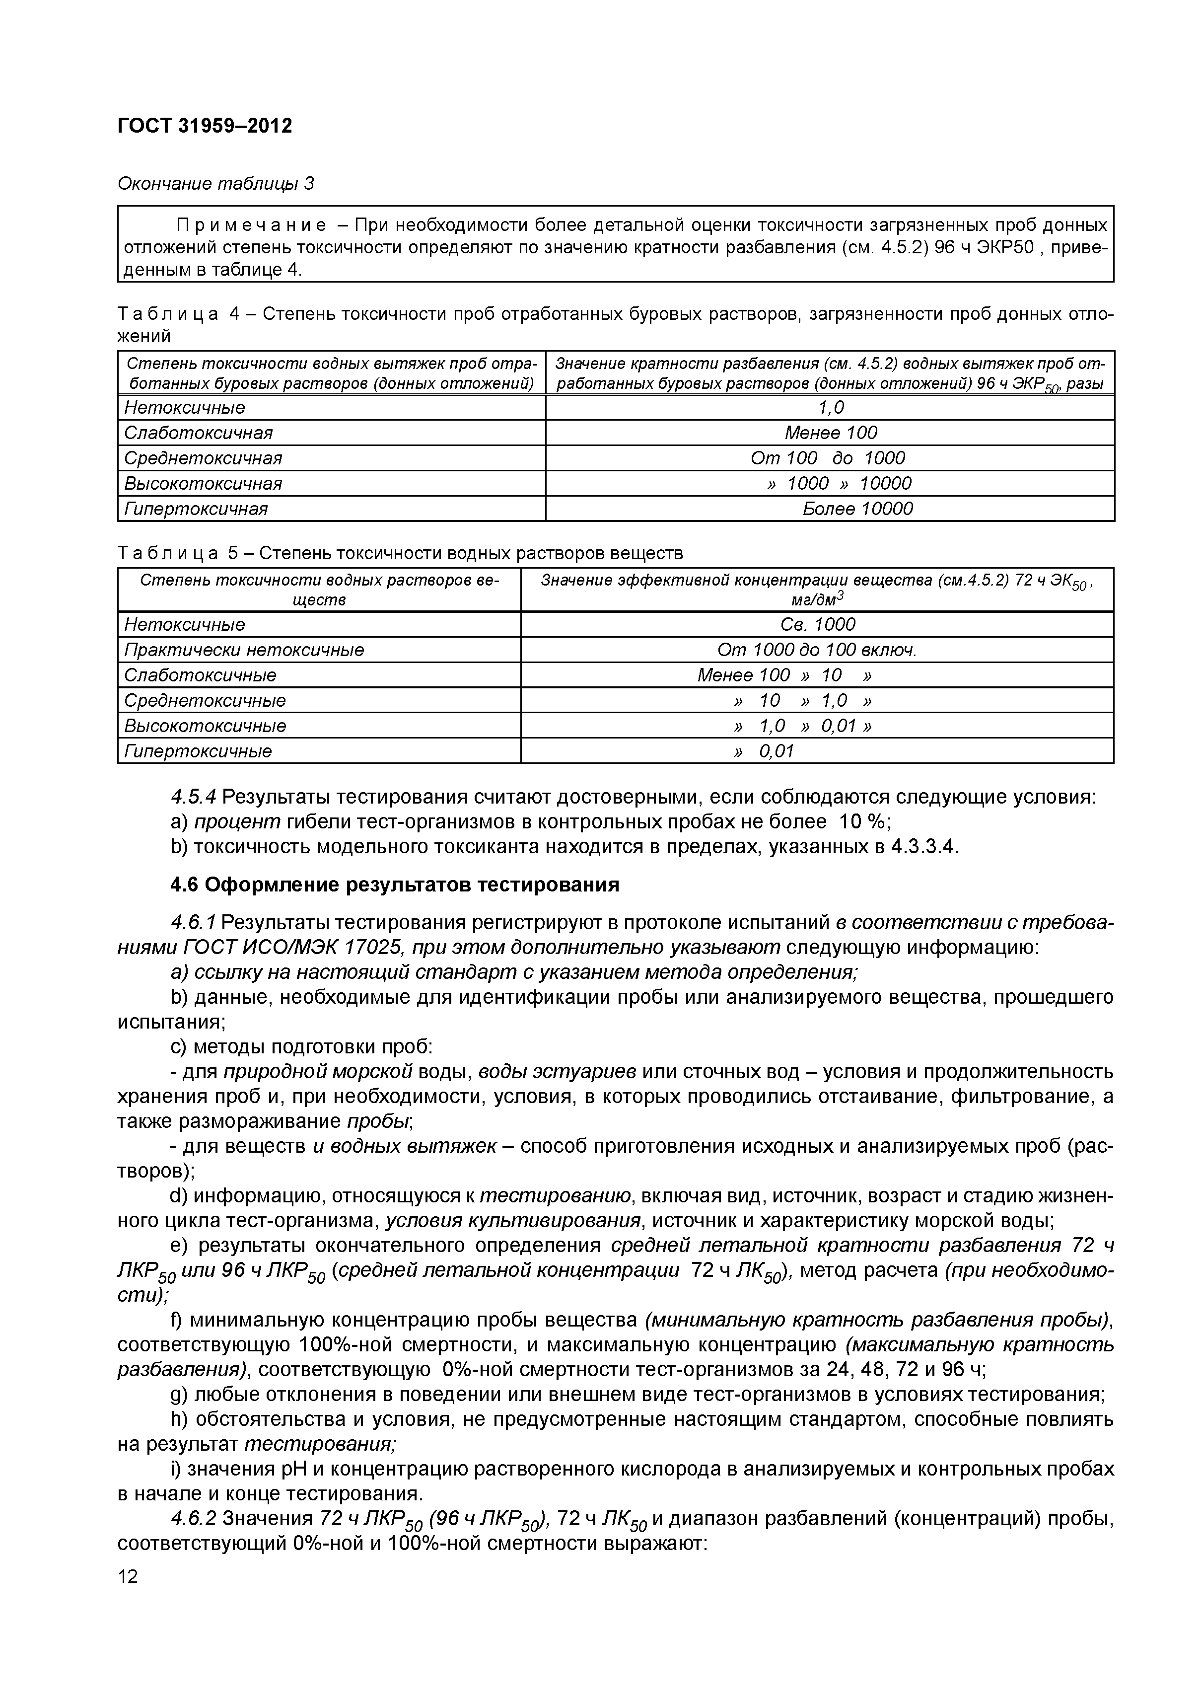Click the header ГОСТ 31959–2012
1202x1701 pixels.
click(x=205, y=126)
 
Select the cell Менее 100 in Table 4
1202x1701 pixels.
click(x=830, y=433)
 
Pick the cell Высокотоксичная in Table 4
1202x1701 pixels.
click(x=203, y=483)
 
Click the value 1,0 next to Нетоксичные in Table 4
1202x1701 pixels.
click(x=830, y=407)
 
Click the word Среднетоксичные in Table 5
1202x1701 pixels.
click(x=205, y=700)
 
